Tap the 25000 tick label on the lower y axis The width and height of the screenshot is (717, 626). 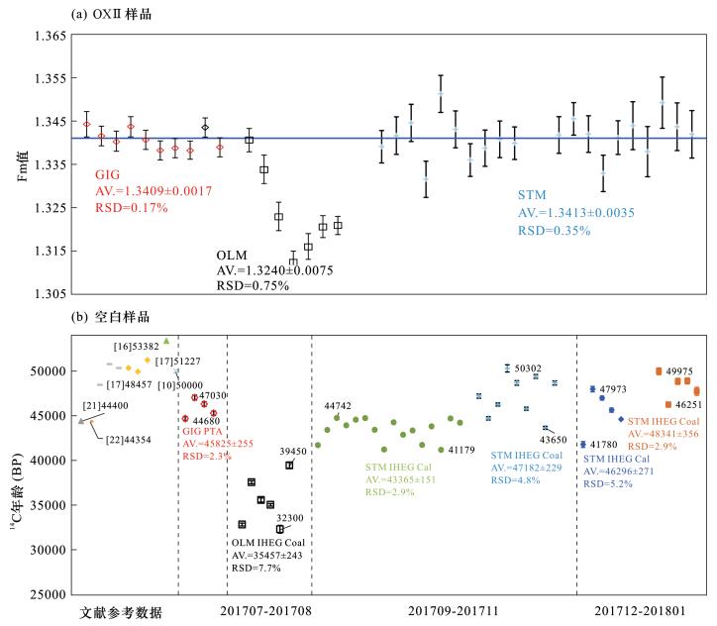(46, 594)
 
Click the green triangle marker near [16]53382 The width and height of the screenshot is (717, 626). (166, 341)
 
